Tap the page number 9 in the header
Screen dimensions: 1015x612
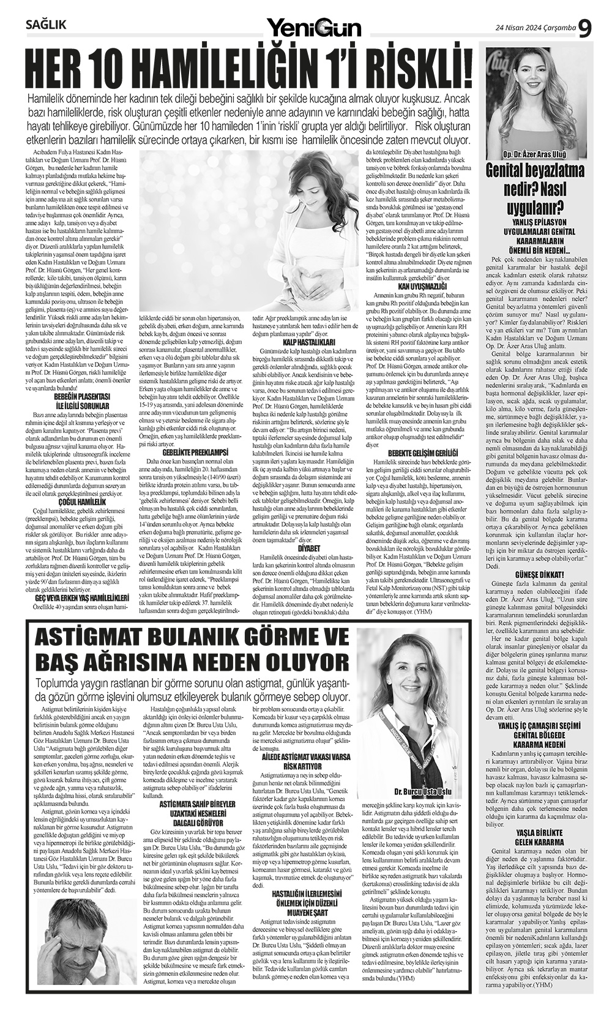(x=586, y=28)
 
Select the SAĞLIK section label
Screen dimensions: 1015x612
(x=47, y=25)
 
